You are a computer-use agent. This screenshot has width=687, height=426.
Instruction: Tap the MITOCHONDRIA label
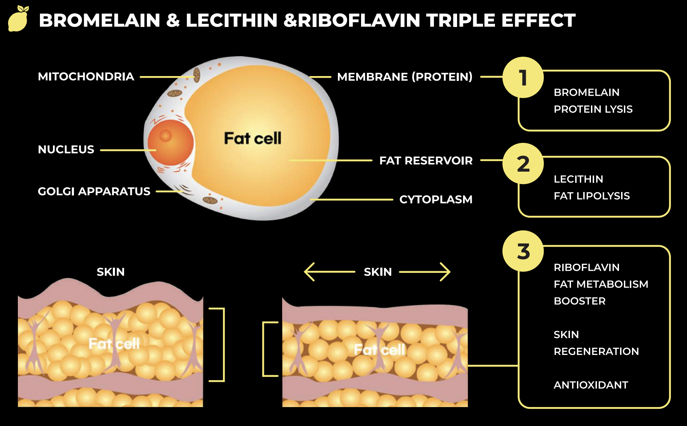(86, 77)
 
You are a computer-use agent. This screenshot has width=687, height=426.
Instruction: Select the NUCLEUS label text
(66, 150)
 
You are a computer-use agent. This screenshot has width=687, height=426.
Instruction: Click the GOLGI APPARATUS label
(94, 191)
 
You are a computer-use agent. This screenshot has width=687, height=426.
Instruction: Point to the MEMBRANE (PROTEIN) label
(404, 77)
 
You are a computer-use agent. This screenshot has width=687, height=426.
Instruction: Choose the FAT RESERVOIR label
(426, 160)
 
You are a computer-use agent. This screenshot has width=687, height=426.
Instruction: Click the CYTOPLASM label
(436, 199)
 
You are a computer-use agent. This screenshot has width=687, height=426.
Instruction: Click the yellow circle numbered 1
(523, 77)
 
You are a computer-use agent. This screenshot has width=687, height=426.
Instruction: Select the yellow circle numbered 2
(523, 164)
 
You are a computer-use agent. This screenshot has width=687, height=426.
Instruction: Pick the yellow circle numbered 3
(523, 251)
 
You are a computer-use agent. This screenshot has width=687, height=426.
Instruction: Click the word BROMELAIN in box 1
(586, 92)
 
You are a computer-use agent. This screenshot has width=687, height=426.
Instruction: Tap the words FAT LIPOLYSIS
(592, 196)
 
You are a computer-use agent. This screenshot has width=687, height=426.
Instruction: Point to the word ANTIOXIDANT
(591, 385)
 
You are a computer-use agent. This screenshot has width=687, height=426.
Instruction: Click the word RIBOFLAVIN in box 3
(586, 268)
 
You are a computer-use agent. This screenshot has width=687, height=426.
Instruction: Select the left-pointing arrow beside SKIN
(329, 272)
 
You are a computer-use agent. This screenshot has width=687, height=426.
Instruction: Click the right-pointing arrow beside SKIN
(425, 272)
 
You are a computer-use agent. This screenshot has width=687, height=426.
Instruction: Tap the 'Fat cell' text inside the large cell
(252, 138)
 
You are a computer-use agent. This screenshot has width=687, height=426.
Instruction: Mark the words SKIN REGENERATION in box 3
(596, 343)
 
